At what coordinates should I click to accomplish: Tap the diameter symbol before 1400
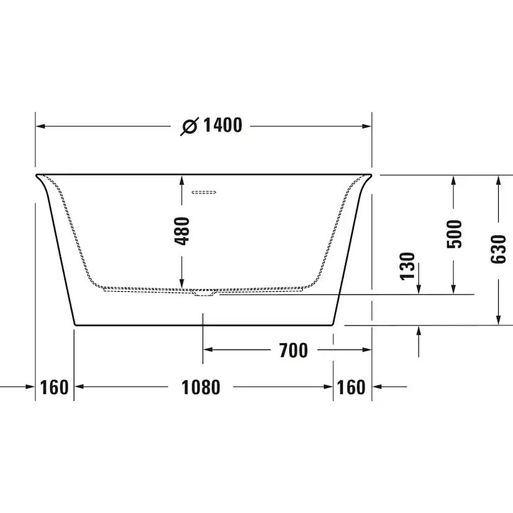pyautogui.click(x=190, y=126)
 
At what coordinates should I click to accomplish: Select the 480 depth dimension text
pyautogui.click(x=182, y=230)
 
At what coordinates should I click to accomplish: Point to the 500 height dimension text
pyautogui.click(x=455, y=234)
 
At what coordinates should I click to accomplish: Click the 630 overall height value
pyautogui.click(x=498, y=249)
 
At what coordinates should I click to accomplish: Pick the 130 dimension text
pyautogui.click(x=407, y=265)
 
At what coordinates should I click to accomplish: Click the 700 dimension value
pyautogui.click(x=293, y=350)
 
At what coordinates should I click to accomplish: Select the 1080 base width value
pyautogui.click(x=201, y=387)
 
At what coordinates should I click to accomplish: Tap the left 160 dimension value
pyautogui.click(x=54, y=387)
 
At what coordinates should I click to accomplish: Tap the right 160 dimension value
pyautogui.click(x=351, y=387)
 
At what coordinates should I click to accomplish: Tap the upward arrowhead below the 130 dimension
pyautogui.click(x=419, y=331)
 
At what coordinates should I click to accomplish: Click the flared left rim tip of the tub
pyautogui.click(x=36, y=175)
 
